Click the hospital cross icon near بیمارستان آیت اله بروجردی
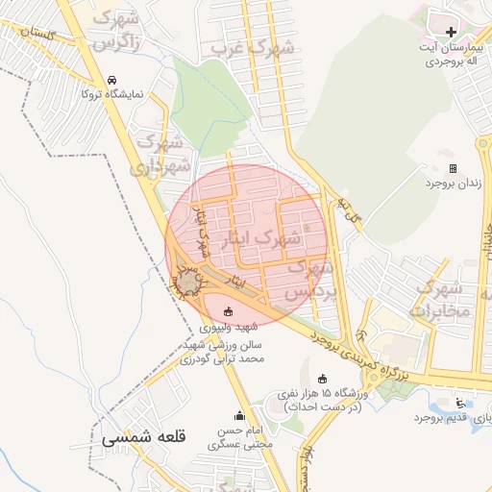click(451, 32)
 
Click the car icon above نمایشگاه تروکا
click(113, 80)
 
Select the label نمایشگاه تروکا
click(110, 94)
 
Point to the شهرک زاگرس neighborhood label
click(121, 30)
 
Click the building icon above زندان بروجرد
click(453, 168)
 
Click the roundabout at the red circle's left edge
click(189, 282)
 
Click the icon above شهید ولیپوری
click(228, 310)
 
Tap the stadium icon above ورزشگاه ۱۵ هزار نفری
click(321, 378)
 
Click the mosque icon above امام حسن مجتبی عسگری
click(239, 415)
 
